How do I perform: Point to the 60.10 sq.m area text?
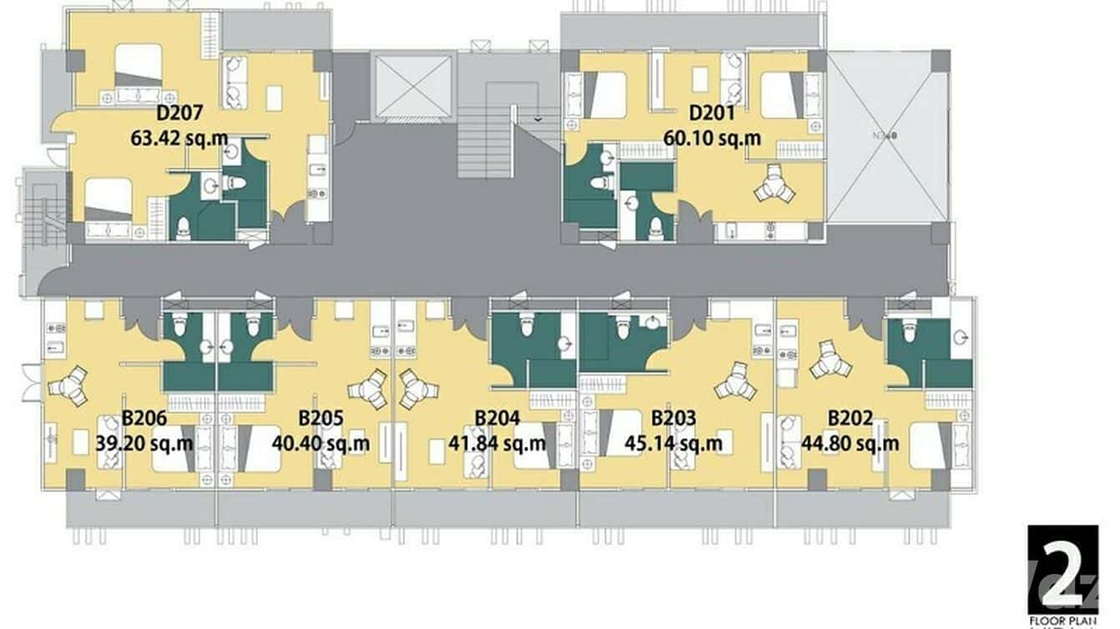pyautogui.click(x=712, y=136)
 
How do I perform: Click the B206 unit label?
pyautogui.click(x=144, y=418)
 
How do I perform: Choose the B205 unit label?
pyautogui.click(x=320, y=418)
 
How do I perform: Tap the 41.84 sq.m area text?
pyautogui.click(x=497, y=442)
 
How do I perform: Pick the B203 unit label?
pyautogui.click(x=674, y=418)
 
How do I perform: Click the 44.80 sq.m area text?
pyautogui.click(x=850, y=442)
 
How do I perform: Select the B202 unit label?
pyautogui.click(x=850, y=418)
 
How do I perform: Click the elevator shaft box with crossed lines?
pyautogui.click(x=414, y=87)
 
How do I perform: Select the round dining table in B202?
pyautogui.click(x=830, y=360)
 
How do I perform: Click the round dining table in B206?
pyautogui.click(x=68, y=386)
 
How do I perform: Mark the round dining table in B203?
pyautogui.click(x=735, y=381)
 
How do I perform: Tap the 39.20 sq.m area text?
pyautogui.click(x=144, y=442)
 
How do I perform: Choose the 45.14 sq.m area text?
pyautogui.click(x=674, y=442)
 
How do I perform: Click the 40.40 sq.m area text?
pyautogui.click(x=320, y=442)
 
